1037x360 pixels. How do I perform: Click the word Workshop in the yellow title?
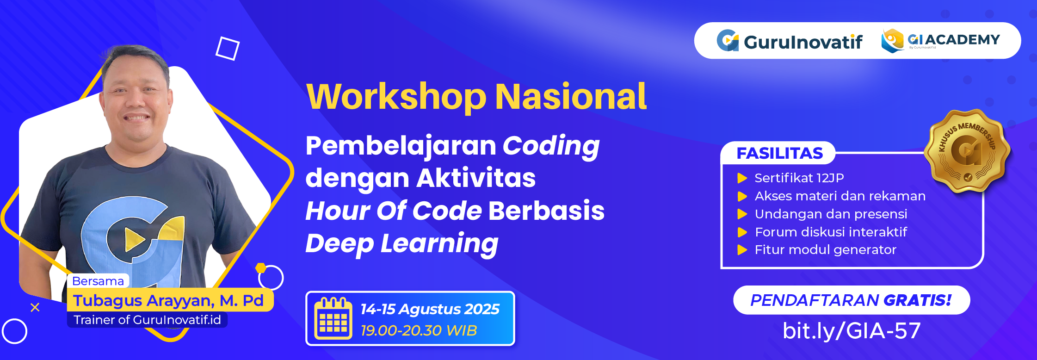pyautogui.click(x=396, y=97)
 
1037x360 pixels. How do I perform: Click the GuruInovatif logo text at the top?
pyautogui.click(x=802, y=42)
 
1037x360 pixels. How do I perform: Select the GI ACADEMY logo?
pyautogui.click(x=941, y=41)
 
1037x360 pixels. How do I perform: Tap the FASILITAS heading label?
pyautogui.click(x=779, y=153)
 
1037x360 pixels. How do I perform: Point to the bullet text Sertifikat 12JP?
pyautogui.click(x=799, y=178)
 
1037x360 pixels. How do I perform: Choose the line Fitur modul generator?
pyautogui.click(x=825, y=250)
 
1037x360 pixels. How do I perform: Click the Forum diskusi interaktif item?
pyautogui.click(x=831, y=232)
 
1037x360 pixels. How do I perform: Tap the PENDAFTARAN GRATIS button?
pyautogui.click(x=851, y=300)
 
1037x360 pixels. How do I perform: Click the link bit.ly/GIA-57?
pyautogui.click(x=851, y=331)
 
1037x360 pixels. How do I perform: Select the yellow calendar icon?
pyautogui.click(x=333, y=319)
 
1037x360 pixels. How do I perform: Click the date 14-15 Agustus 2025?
pyautogui.click(x=430, y=309)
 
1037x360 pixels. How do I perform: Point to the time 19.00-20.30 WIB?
pyautogui.click(x=419, y=330)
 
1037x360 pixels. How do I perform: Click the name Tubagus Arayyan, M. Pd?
pyautogui.click(x=168, y=301)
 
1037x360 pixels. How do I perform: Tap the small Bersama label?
pyautogui.click(x=98, y=281)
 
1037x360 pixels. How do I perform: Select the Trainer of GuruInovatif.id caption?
pyautogui.click(x=147, y=320)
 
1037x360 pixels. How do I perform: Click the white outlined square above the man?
pyautogui.click(x=228, y=48)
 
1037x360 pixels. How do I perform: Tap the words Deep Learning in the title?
pyautogui.click(x=401, y=243)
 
